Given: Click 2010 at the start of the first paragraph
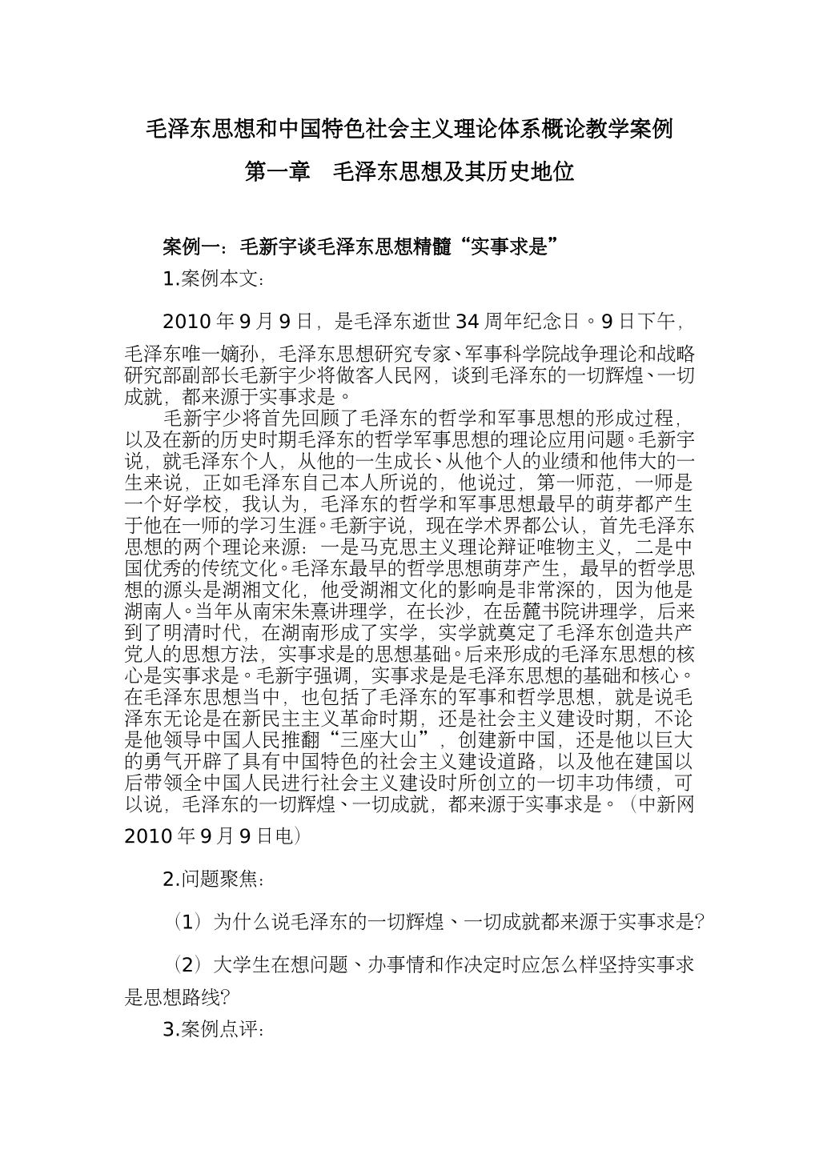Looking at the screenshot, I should click(x=185, y=322).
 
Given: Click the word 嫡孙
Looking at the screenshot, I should click(x=243, y=354).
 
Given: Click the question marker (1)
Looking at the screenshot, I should click(x=187, y=922).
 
